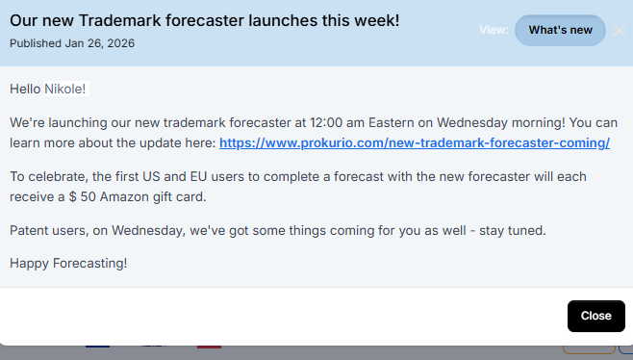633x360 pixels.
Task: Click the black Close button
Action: [595, 316]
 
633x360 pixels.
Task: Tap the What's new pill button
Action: [561, 31]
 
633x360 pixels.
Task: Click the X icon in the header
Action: [620, 30]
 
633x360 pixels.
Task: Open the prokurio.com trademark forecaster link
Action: [415, 143]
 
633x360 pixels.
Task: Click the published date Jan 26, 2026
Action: [101, 42]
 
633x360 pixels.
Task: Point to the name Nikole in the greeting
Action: [65, 90]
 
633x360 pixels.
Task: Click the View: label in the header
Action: [494, 30]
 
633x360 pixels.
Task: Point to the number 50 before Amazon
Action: [80, 197]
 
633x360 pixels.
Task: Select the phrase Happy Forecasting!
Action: [68, 263]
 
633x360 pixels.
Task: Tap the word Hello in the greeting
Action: [25, 90]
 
